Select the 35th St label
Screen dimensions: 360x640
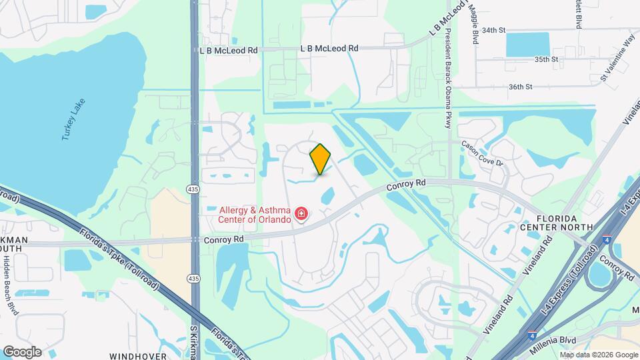pos(545,59)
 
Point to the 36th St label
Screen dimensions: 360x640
pos(521,87)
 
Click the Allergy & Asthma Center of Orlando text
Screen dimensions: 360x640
pos(255,215)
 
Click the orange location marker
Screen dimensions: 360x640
pos(321,159)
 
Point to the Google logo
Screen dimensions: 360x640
pos(22,351)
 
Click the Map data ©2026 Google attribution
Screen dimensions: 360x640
pos(599,355)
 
